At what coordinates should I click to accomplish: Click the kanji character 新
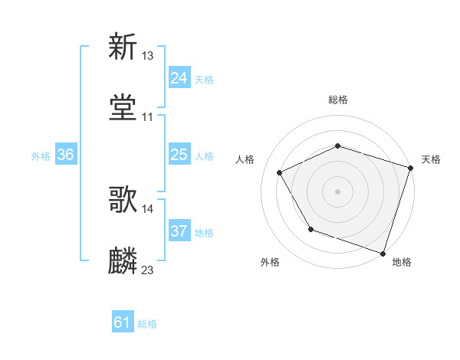pos(123,47)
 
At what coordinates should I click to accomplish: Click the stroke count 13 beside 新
pos(148,55)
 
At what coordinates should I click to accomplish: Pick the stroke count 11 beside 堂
pos(148,117)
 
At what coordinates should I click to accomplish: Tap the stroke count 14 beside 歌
pos(148,208)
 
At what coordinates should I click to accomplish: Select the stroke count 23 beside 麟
pos(148,270)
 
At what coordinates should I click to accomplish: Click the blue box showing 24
pos(179,78)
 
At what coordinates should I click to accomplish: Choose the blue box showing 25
pos(179,155)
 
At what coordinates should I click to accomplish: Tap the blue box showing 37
pos(179,231)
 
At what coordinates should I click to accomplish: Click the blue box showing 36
pos(66,155)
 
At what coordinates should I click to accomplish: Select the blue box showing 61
pos(123,323)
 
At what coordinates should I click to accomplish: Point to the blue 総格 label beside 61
pos(147,324)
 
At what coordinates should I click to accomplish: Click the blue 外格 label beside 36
pos(41,155)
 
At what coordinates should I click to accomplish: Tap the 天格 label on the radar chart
pos(431,159)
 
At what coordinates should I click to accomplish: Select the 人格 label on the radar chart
pos(245,159)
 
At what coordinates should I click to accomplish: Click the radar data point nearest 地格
pos(383,253)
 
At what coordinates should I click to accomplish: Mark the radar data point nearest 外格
pos(310,228)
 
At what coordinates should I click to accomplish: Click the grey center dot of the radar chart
pos(337,191)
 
